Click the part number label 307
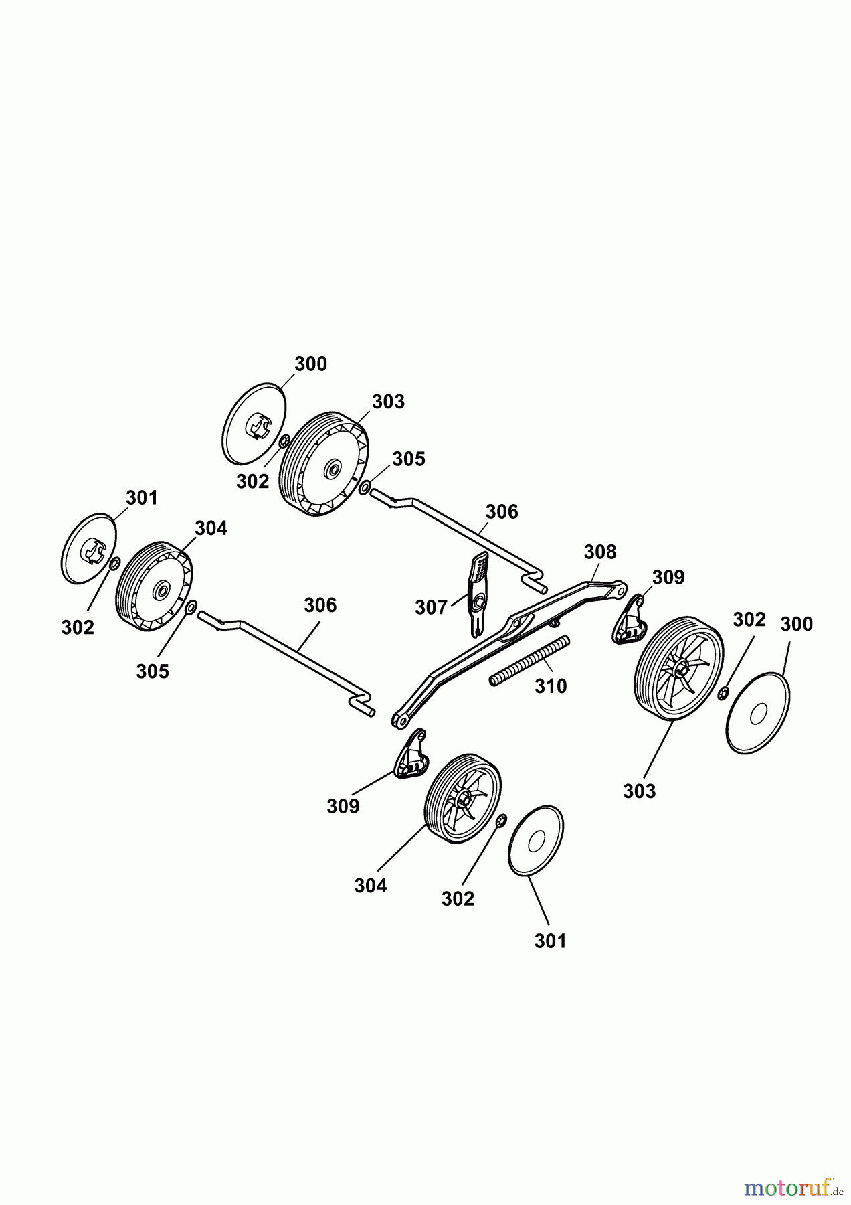431,608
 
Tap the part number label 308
600,552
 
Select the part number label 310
551,686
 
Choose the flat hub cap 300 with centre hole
759,714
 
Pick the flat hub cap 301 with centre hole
536,841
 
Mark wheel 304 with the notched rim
155,585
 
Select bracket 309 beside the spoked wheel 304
411,754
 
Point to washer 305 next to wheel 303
364,488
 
